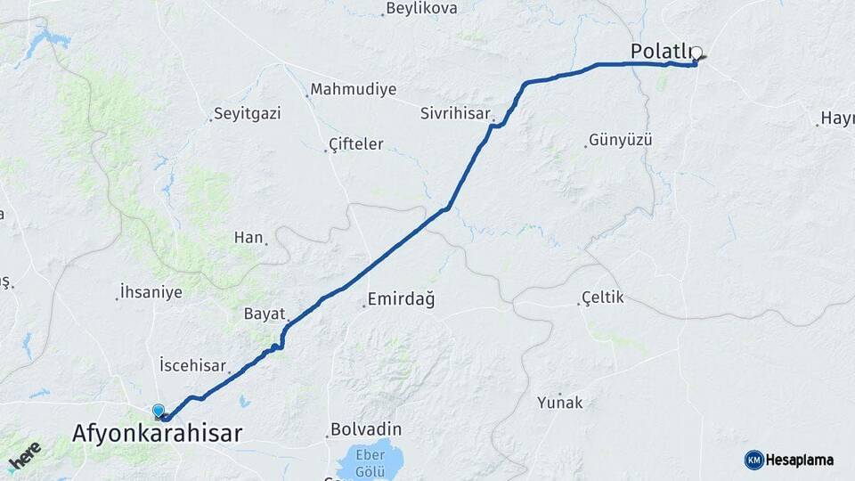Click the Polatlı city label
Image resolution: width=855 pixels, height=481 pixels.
[661, 52]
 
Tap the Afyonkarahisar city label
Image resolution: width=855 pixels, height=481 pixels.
[157, 434]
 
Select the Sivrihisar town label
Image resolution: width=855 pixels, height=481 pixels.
[456, 113]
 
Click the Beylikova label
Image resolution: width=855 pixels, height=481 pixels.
[422, 9]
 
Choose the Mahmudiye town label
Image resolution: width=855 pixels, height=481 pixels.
[353, 90]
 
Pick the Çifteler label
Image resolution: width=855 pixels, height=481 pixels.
[355, 143]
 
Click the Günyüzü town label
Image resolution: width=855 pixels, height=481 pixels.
[621, 141]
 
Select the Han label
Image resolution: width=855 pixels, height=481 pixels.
[248, 237]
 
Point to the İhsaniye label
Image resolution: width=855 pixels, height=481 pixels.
[151, 292]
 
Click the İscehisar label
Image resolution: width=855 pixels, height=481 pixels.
[192, 365]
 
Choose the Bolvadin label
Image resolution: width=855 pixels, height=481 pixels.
[366, 429]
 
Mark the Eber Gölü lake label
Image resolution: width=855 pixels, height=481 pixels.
[370, 461]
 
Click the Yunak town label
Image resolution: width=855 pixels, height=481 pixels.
[560, 403]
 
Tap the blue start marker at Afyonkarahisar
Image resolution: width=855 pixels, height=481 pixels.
[159, 411]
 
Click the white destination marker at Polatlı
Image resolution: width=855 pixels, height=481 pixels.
[696, 53]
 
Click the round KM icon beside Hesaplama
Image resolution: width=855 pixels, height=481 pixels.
[753, 460]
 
